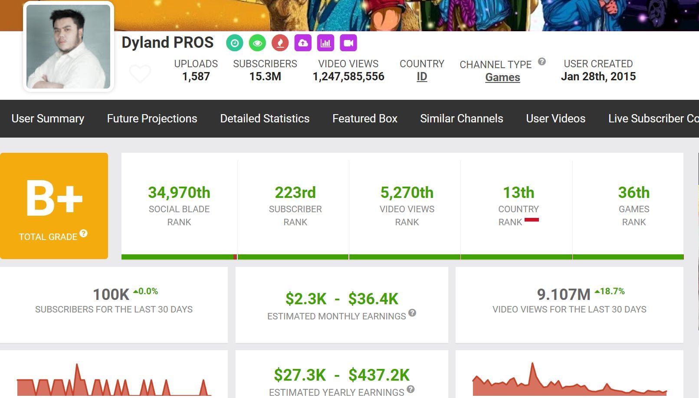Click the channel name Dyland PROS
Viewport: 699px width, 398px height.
[167, 43]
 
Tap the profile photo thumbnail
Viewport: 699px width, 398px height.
[68, 46]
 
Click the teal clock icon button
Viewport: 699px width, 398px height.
[235, 43]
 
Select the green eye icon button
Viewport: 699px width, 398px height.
[257, 43]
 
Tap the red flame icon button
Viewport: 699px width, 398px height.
[280, 43]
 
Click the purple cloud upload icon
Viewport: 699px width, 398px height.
[303, 43]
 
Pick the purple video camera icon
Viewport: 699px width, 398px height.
[348, 43]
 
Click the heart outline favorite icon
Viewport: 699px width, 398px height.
[140, 73]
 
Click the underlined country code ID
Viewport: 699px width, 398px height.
[422, 77]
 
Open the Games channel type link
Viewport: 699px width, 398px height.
[502, 78]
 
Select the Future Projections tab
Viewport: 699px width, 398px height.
[152, 118]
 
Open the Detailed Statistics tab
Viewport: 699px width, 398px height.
[265, 118]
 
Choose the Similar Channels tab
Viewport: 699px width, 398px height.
[462, 118]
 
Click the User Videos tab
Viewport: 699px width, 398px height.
[556, 118]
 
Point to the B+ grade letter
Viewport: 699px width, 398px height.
[54, 198]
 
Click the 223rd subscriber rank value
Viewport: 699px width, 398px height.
[295, 192]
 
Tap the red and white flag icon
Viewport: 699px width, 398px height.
[532, 220]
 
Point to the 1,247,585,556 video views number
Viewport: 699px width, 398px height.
[348, 77]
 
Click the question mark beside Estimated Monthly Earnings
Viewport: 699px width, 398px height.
[412, 312]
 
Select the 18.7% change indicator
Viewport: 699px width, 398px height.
[610, 291]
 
